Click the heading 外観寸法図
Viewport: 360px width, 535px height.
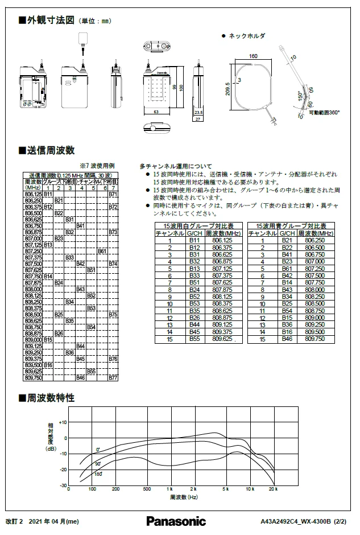coord(51,20)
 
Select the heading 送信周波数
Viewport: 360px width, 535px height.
coord(51,150)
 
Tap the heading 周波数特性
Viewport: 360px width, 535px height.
coord(51,398)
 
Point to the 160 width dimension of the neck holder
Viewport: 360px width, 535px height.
coord(253,56)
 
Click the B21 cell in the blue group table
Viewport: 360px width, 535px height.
coord(287,241)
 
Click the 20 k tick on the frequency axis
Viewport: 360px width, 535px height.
coord(273,489)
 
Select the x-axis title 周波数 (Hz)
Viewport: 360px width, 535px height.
coord(183,497)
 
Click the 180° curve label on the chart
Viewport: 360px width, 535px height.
coord(98,474)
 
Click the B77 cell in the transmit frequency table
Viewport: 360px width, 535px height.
coord(113,378)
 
